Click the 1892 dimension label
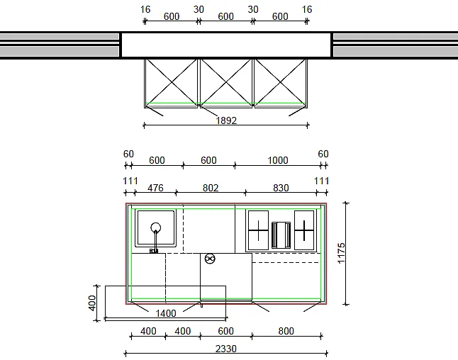click(226, 120)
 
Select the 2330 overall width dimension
click(225, 349)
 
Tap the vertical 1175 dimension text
click(341, 253)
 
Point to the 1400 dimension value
click(166, 313)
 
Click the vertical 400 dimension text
click(92, 303)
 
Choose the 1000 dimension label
click(278, 160)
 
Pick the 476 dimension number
click(155, 188)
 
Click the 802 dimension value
click(211, 188)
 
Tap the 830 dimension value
click(281, 188)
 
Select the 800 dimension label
click(286, 331)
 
